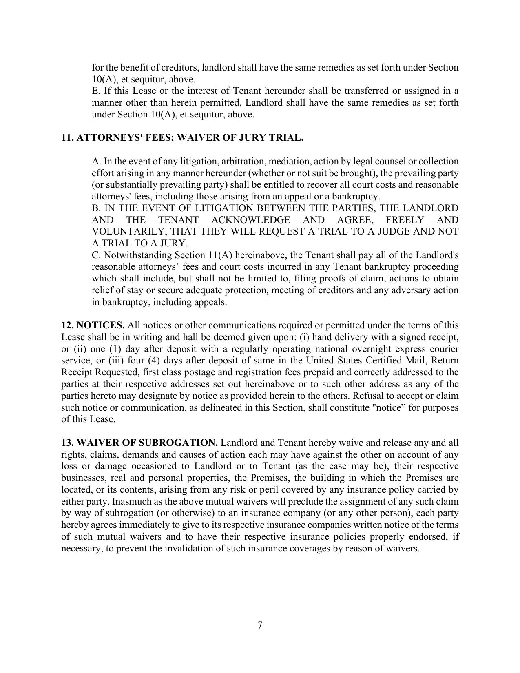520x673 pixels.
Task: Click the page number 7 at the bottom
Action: (260, 625)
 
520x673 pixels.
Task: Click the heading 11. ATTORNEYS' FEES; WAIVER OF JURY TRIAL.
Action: (182, 138)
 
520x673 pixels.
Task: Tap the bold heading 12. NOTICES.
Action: (93, 325)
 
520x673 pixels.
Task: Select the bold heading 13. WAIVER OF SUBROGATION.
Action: (139, 443)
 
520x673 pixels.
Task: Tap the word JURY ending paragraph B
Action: (175, 244)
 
